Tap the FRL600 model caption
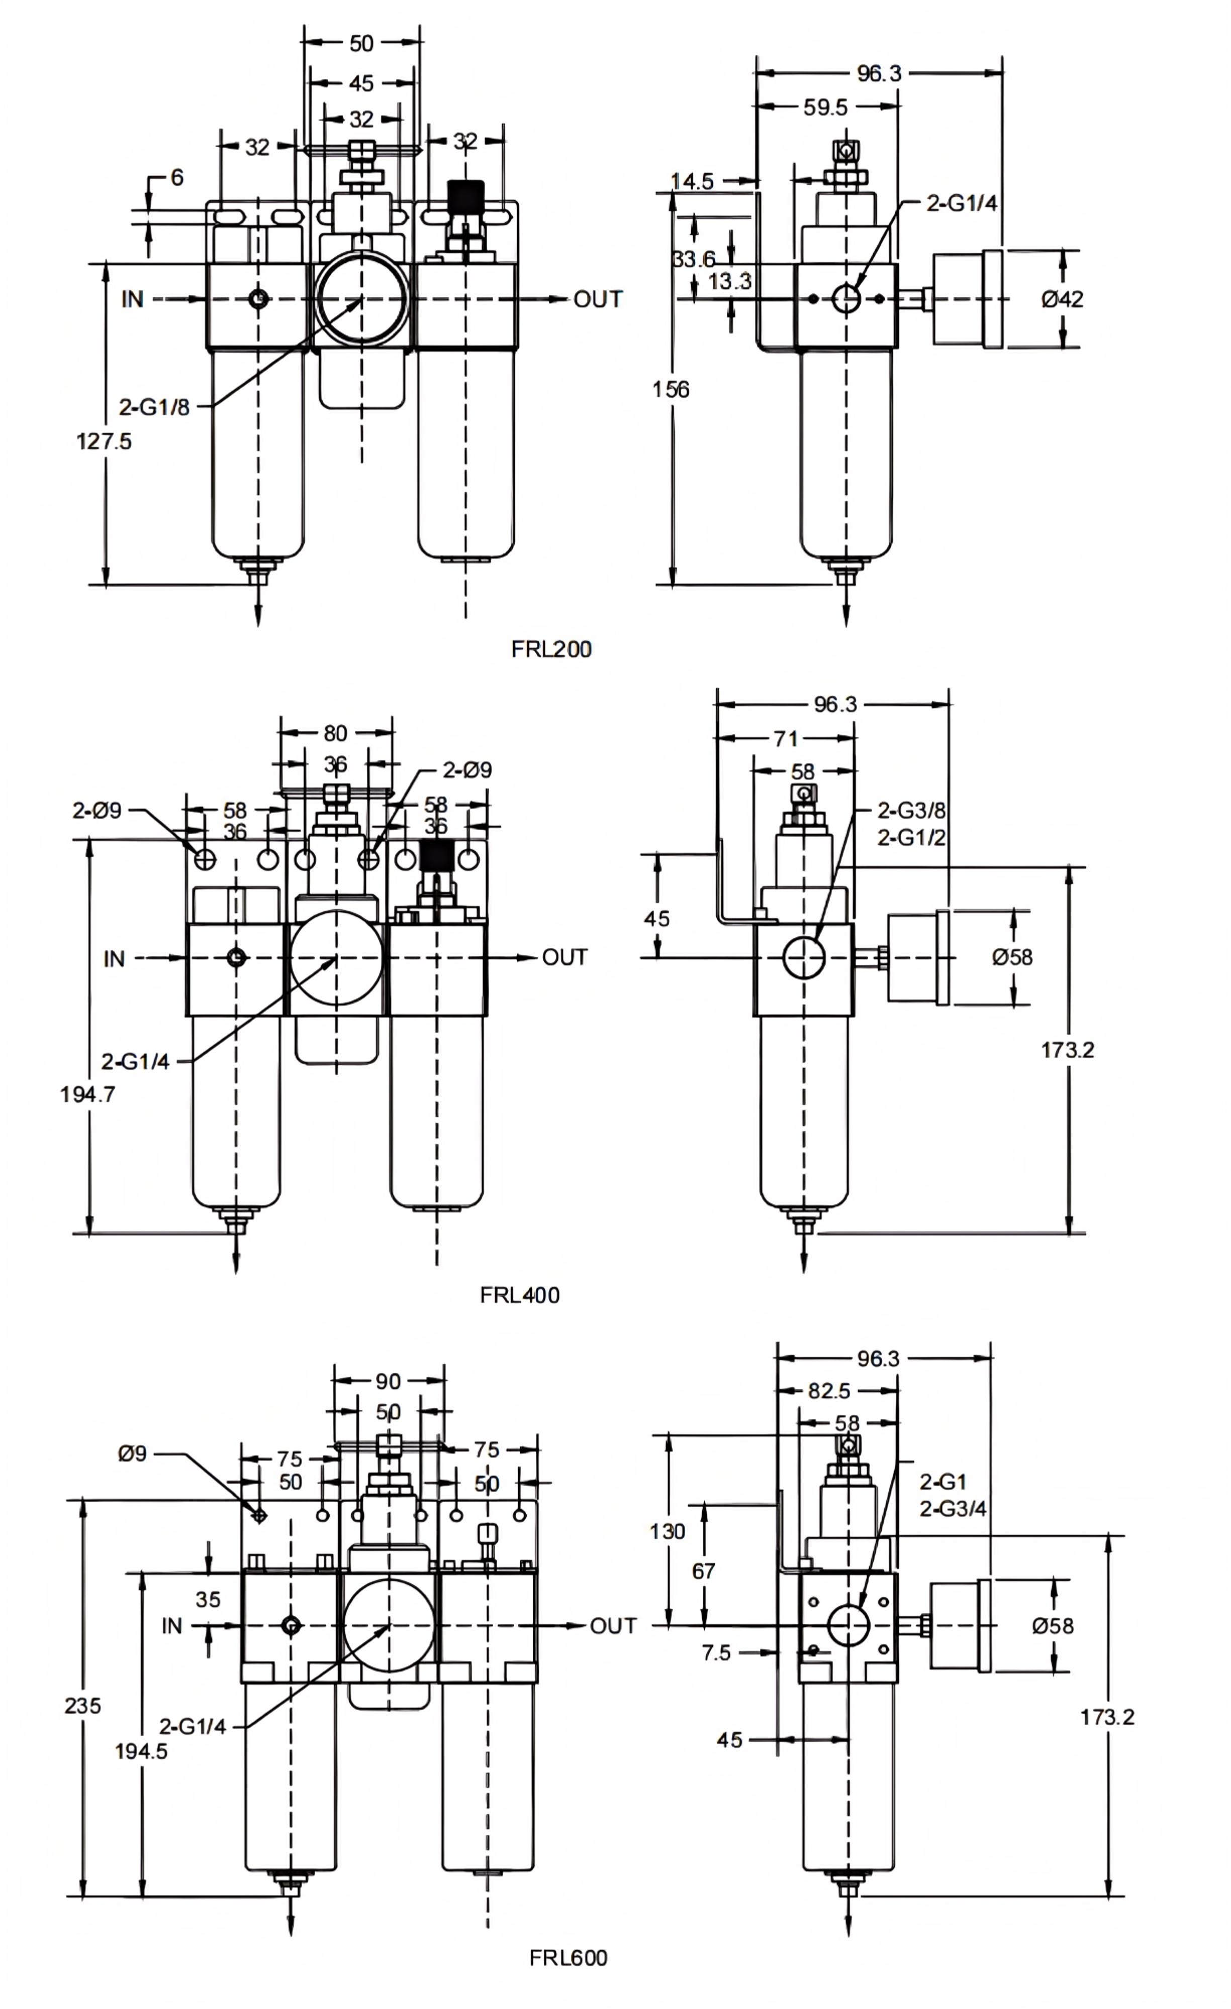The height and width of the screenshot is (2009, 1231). point(568,1958)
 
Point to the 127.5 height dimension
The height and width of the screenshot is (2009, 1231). point(104,441)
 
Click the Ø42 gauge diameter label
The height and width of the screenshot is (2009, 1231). point(1062,299)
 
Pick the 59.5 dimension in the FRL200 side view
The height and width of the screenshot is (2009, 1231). point(825,107)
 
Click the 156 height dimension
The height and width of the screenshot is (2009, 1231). point(671,390)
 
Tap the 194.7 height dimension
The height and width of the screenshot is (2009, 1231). point(87,1094)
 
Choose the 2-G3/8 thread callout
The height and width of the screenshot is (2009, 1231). point(911,811)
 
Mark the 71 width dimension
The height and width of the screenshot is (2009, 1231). point(786,739)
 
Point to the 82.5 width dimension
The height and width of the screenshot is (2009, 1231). point(829,1391)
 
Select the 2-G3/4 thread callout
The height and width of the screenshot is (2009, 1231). point(953,1508)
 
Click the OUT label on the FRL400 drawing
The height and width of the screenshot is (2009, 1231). point(564,957)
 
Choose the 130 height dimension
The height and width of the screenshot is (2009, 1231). point(668,1531)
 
